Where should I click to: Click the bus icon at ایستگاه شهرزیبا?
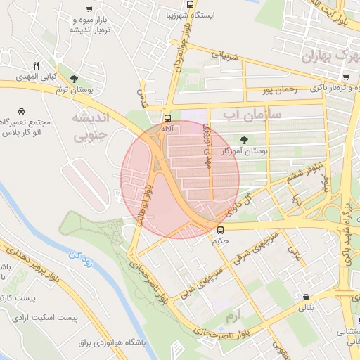191,4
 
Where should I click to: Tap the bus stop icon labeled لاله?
167,119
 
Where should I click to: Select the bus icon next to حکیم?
221,230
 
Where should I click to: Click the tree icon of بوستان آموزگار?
244,140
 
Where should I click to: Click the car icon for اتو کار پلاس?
21,112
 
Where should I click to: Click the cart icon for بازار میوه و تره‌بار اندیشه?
89,9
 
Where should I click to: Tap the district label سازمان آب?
252,113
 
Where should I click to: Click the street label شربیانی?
226,54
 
